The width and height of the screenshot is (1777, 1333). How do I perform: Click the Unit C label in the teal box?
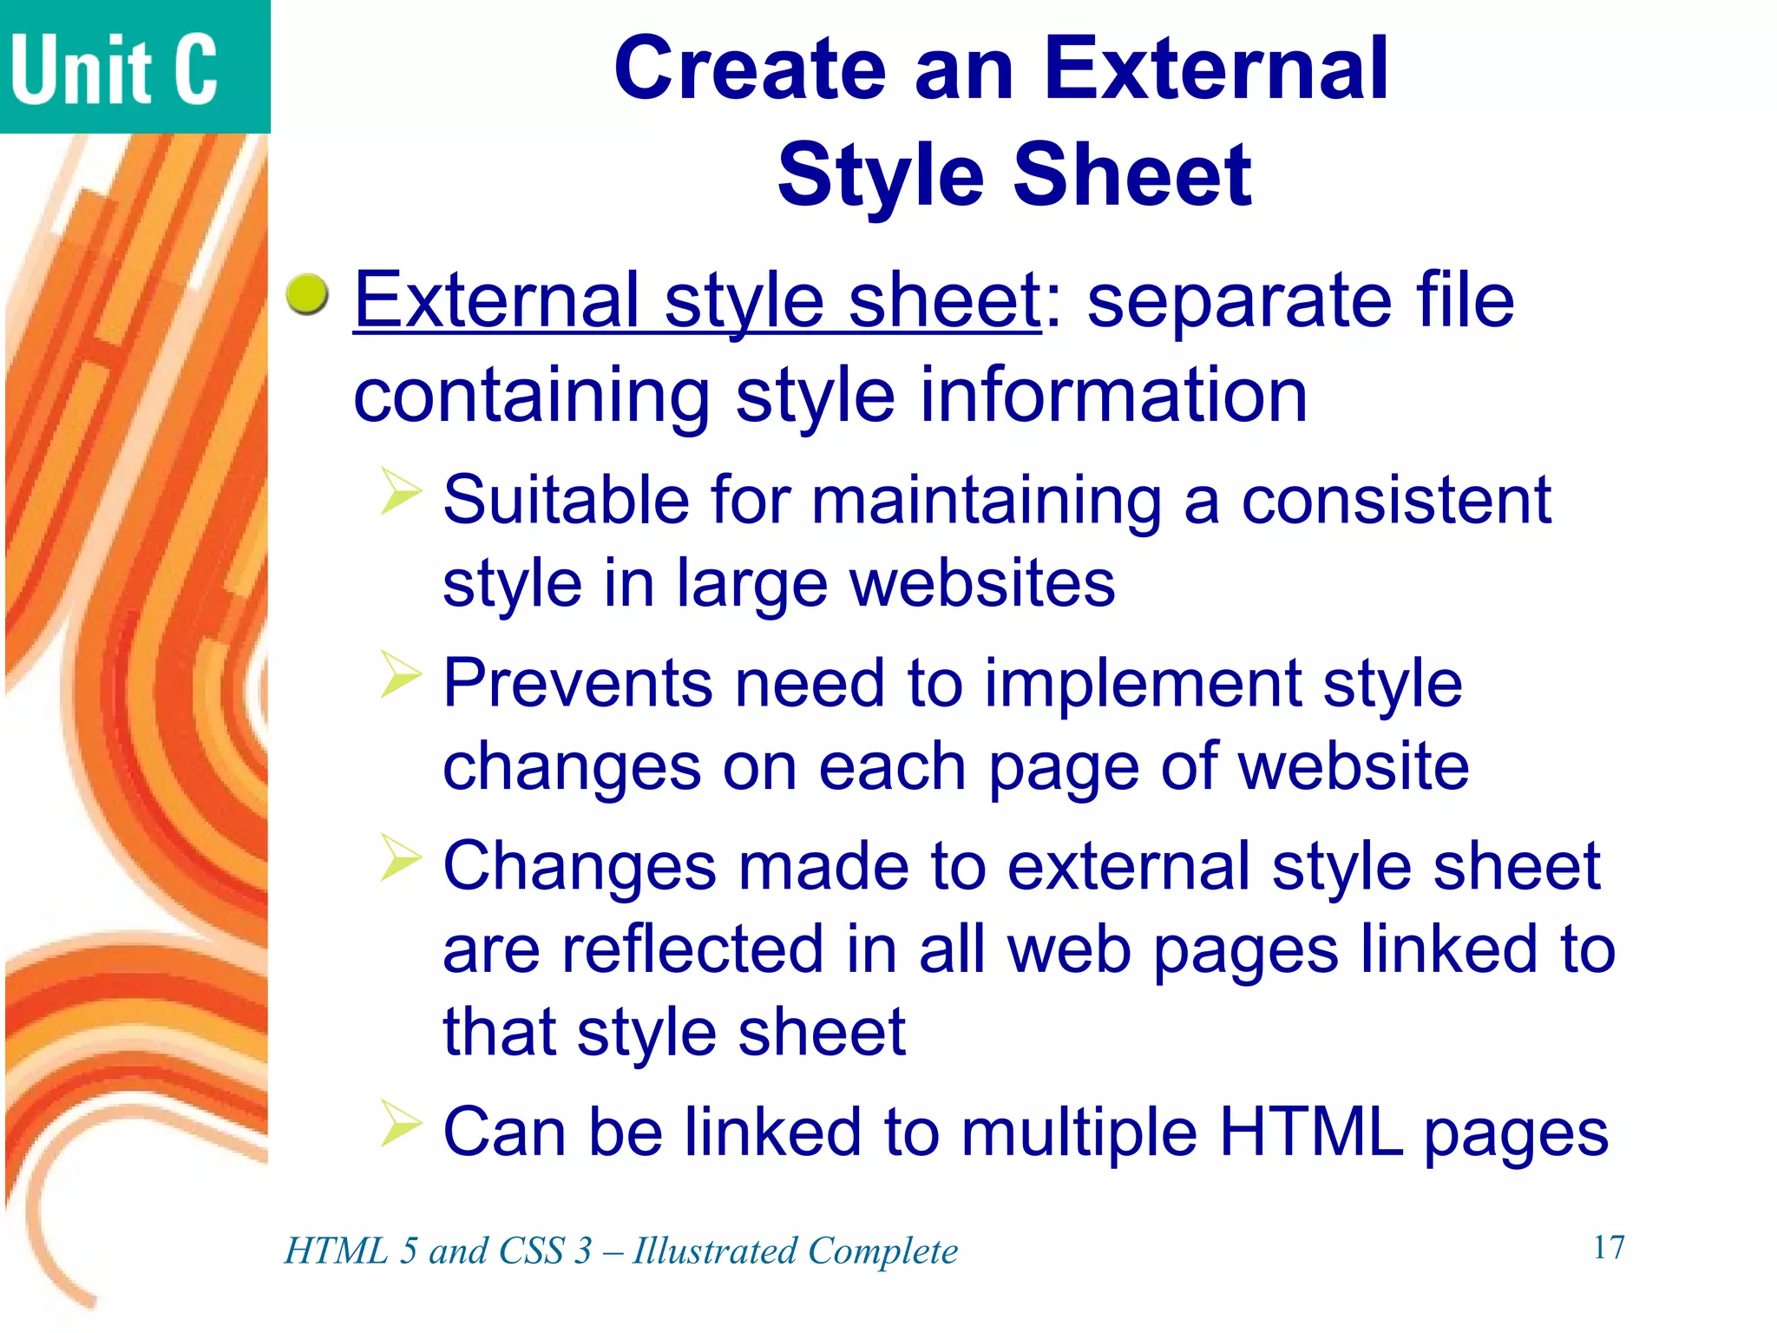[x=114, y=69]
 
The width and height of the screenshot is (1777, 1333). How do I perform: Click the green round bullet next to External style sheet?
[x=307, y=294]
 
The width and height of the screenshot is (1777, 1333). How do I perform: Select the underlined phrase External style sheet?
[x=698, y=300]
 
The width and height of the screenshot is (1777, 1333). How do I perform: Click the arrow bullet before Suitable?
[x=400, y=492]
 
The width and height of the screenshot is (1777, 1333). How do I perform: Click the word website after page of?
[x=1353, y=767]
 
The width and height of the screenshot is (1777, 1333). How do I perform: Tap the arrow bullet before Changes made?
[x=400, y=858]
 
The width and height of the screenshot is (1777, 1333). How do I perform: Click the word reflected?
[x=692, y=949]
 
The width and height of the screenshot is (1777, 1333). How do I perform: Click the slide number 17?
[x=1608, y=1248]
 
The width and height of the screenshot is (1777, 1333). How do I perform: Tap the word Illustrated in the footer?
[x=714, y=1251]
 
